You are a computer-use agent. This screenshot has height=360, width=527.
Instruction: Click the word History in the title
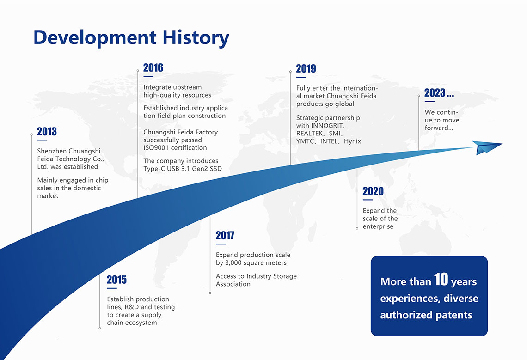pyautogui.click(x=196, y=38)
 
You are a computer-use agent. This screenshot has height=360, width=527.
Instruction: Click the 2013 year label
pyautogui.click(x=47, y=131)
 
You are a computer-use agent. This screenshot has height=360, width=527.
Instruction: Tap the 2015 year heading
pyautogui.click(x=116, y=280)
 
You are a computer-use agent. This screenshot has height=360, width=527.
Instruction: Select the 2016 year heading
pyautogui.click(x=153, y=67)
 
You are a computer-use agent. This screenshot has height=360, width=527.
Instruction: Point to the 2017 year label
pyautogui.click(x=225, y=235)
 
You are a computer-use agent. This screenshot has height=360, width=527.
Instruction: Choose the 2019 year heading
pyautogui.click(x=306, y=68)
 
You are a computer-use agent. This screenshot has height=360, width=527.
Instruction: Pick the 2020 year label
pyautogui.click(x=373, y=191)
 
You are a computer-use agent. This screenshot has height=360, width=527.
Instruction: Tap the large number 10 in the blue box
pyautogui.click(x=441, y=279)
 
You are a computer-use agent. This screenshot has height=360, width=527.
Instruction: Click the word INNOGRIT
pyautogui.click(x=327, y=126)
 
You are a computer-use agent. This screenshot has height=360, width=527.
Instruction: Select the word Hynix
pyautogui.click(x=352, y=141)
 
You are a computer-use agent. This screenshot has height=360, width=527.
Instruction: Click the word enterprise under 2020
pyautogui.click(x=378, y=226)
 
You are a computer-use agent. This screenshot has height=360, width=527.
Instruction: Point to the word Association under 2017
pyautogui.click(x=233, y=284)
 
